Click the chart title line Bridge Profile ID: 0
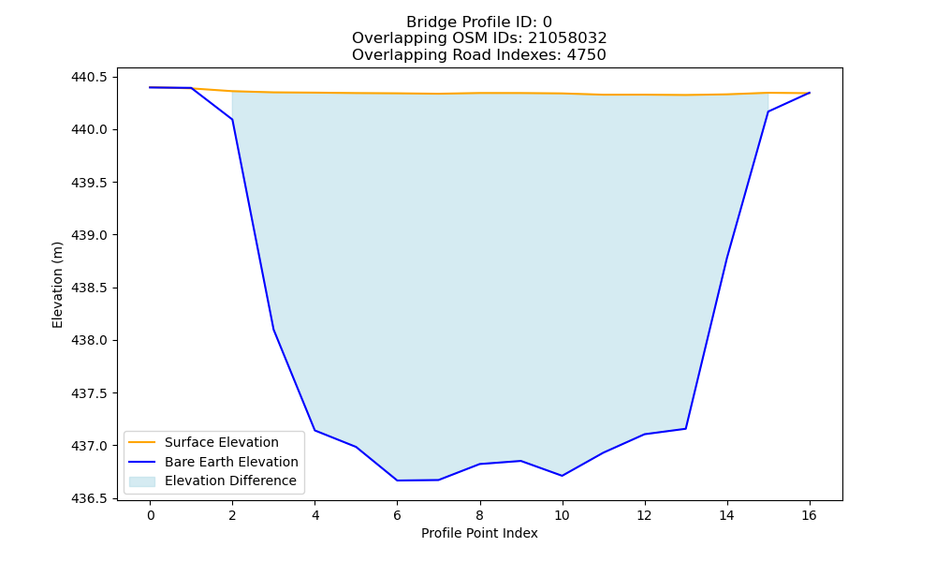478,22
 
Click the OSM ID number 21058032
567,38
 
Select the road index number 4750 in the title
586,55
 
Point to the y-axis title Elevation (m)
57,285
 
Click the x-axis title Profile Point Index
479,533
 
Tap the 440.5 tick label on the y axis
89,77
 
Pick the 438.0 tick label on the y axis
89,340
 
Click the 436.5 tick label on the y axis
89,498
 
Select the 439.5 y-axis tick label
89,183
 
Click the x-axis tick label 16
809,515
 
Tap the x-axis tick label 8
479,515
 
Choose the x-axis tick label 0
151,515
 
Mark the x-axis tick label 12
644,515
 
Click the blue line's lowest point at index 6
397,481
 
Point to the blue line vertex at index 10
562,476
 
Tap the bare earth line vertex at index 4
314,431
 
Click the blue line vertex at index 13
685,429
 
